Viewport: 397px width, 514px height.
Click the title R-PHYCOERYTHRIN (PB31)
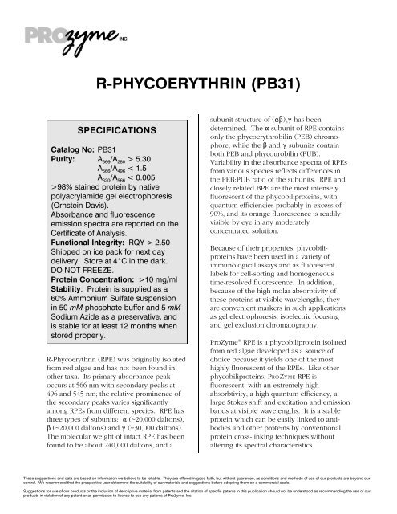tap(197, 81)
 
